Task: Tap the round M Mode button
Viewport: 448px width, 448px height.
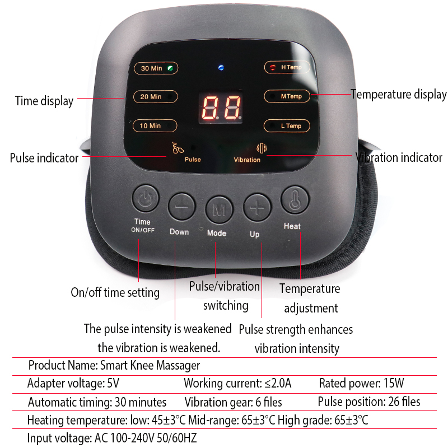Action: [219, 209]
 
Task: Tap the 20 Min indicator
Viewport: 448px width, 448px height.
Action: [155, 96]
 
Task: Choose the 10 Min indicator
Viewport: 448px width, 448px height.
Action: [155, 125]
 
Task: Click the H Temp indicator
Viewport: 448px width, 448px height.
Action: [287, 67]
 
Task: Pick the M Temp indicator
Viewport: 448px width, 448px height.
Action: [287, 96]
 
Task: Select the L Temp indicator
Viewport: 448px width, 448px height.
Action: [287, 125]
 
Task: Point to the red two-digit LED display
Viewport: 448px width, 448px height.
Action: [221, 108]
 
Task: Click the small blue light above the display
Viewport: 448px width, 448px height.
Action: [221, 68]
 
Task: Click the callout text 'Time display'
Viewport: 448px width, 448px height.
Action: [44, 101]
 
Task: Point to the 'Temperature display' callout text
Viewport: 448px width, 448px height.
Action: [399, 95]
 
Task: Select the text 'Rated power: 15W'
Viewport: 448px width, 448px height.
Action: [362, 384]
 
